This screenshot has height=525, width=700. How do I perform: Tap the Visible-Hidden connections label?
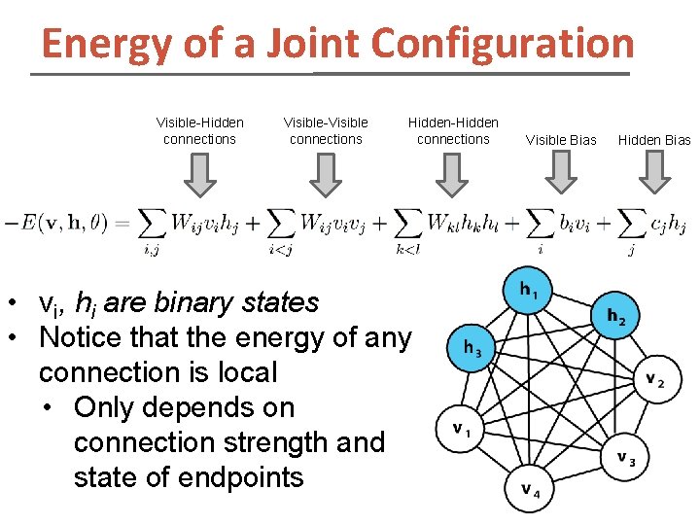coord(199,130)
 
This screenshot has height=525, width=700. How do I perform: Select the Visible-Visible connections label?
coord(326,130)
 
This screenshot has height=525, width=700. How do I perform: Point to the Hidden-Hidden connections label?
coord(453,130)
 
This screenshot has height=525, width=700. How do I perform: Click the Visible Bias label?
coord(561,140)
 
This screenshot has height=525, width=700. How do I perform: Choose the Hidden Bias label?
coord(654,140)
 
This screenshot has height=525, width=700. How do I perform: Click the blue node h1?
coord(530,291)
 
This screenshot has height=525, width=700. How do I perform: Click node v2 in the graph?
coord(654,381)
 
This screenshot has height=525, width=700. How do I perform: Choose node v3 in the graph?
coord(624,458)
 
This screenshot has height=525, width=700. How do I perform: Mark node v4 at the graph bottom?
coord(531,489)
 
